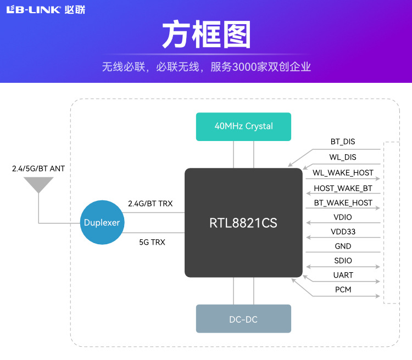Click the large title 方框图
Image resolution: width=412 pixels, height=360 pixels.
tap(206, 35)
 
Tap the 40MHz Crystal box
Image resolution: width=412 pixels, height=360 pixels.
tap(243, 126)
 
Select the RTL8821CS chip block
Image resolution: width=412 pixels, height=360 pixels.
tap(243, 223)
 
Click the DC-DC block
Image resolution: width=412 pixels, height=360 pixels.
tap(243, 319)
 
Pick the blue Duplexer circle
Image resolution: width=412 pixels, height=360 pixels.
tap(102, 223)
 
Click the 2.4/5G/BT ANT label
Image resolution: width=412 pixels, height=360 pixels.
tap(38, 168)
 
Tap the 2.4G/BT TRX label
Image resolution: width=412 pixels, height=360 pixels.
tap(150, 204)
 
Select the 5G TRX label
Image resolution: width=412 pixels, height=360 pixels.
tap(152, 241)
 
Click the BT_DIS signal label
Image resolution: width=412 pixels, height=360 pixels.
tap(343, 142)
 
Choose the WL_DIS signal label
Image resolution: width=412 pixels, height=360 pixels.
tap(343, 157)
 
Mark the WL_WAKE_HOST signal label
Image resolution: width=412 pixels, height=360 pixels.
tap(343, 173)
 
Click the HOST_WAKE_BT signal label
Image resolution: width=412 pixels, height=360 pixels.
tap(343, 188)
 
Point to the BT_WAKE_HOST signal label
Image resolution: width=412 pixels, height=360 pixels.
tap(343, 203)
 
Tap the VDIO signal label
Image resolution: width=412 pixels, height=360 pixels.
tap(343, 217)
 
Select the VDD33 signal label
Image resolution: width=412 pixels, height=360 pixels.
tap(343, 232)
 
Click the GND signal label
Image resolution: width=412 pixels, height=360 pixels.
tap(343, 246)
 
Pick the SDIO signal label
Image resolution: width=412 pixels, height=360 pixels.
tap(343, 261)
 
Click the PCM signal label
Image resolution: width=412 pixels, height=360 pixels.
tap(343, 289)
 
